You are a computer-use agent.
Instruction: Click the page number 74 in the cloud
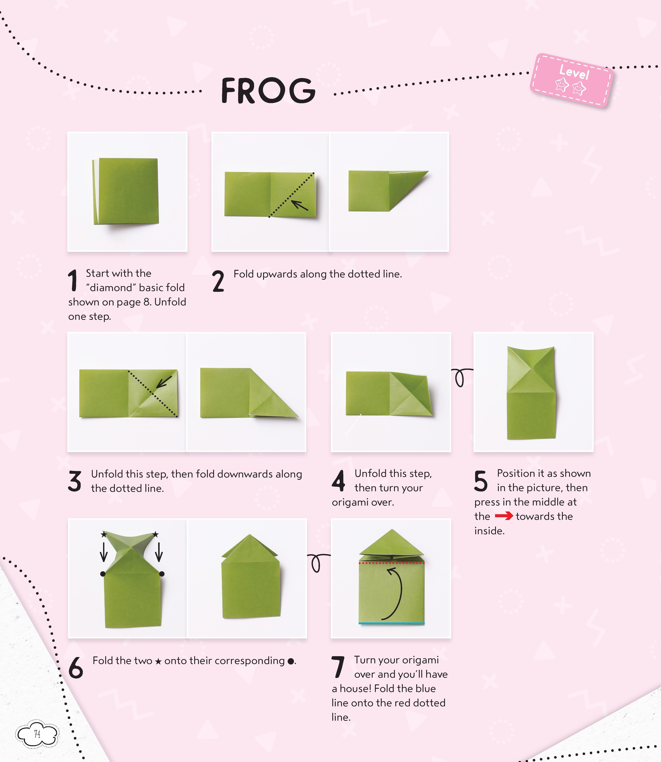37,734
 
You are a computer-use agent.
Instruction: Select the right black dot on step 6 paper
162,574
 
